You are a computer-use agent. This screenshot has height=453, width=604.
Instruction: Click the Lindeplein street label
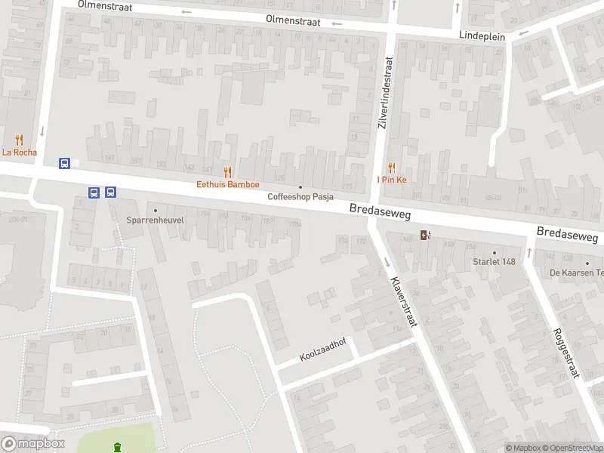pyautogui.click(x=482, y=35)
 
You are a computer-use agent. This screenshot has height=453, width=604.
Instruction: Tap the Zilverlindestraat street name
pyautogui.click(x=385, y=92)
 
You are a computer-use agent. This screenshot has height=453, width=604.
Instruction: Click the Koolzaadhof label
pyautogui.click(x=322, y=349)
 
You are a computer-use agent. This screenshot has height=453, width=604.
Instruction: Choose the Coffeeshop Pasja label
pyautogui.click(x=300, y=197)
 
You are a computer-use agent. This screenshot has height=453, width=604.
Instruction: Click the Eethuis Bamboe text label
pyautogui.click(x=228, y=184)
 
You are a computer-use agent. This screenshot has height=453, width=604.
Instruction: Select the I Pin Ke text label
pyautogui.click(x=392, y=180)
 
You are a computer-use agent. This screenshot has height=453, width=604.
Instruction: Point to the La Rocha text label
pyautogui.click(x=19, y=152)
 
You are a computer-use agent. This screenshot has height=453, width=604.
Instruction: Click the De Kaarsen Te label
pyautogui.click(x=576, y=273)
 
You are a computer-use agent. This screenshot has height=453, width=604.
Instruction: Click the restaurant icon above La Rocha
pyautogui.click(x=19, y=140)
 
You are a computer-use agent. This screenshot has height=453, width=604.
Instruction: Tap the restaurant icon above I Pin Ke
pyautogui.click(x=392, y=168)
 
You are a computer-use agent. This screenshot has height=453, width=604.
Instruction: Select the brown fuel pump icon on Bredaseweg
pyautogui.click(x=425, y=234)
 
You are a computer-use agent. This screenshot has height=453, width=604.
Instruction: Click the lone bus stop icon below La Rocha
pyautogui.click(x=65, y=163)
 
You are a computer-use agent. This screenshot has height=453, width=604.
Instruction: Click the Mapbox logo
pyautogui.click(x=33, y=444)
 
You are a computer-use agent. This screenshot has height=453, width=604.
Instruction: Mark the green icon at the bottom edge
pyautogui.click(x=117, y=448)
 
